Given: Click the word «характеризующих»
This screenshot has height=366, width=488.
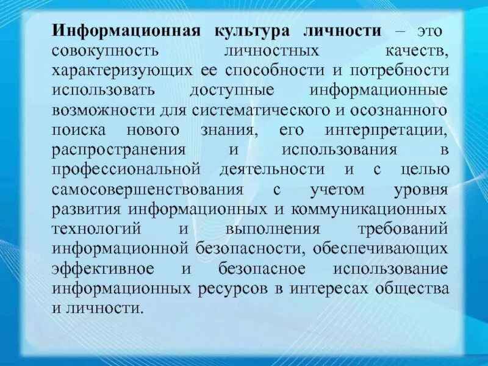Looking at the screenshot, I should tap(122, 71).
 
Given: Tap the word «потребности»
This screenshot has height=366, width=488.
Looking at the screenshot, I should tap(405, 71).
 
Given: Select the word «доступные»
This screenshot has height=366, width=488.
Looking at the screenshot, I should tap(231, 90).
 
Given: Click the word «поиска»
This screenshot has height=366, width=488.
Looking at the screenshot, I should tap(79, 129).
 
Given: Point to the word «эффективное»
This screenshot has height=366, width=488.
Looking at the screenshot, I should tap(101, 268).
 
